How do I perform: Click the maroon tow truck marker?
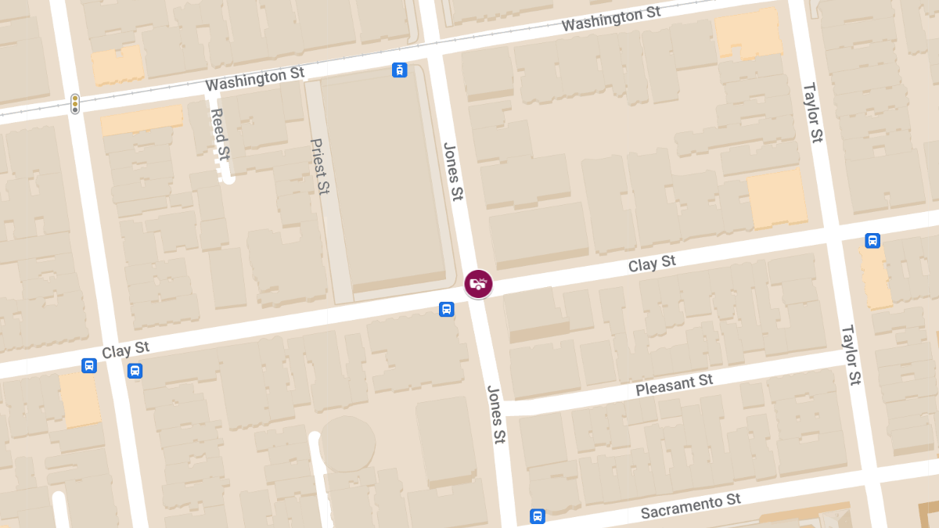click(x=478, y=284)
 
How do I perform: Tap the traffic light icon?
click(x=75, y=104)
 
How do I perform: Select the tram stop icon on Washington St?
click(x=400, y=70)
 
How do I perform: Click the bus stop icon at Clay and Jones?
click(x=446, y=309)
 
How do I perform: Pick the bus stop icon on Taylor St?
click(x=872, y=240)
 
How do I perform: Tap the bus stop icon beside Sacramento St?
click(x=537, y=516)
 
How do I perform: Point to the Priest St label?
click(x=320, y=167)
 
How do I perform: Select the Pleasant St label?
click(x=674, y=385)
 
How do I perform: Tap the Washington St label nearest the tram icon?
click(x=254, y=79)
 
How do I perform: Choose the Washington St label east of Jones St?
click(x=611, y=20)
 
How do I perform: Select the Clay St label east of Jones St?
click(x=652, y=264)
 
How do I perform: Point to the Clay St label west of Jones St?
click(x=125, y=350)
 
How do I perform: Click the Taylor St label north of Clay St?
click(x=813, y=113)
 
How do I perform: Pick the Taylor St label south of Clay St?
click(x=851, y=355)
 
